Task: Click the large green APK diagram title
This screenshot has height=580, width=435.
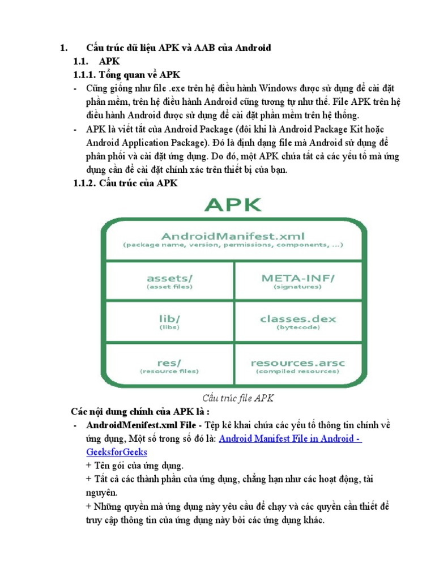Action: pyautogui.click(x=233, y=205)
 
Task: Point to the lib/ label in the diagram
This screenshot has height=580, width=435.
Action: pyautogui.click(x=169, y=319)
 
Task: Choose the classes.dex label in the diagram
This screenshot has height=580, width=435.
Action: pyautogui.click(x=298, y=319)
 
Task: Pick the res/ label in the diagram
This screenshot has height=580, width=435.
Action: pyautogui.click(x=169, y=361)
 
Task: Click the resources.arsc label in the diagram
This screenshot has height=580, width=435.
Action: pyautogui.click(x=298, y=361)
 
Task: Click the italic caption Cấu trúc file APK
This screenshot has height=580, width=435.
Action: pyautogui.click(x=238, y=398)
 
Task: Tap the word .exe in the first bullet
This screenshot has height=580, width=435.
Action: pyautogui.click(x=180, y=89)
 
